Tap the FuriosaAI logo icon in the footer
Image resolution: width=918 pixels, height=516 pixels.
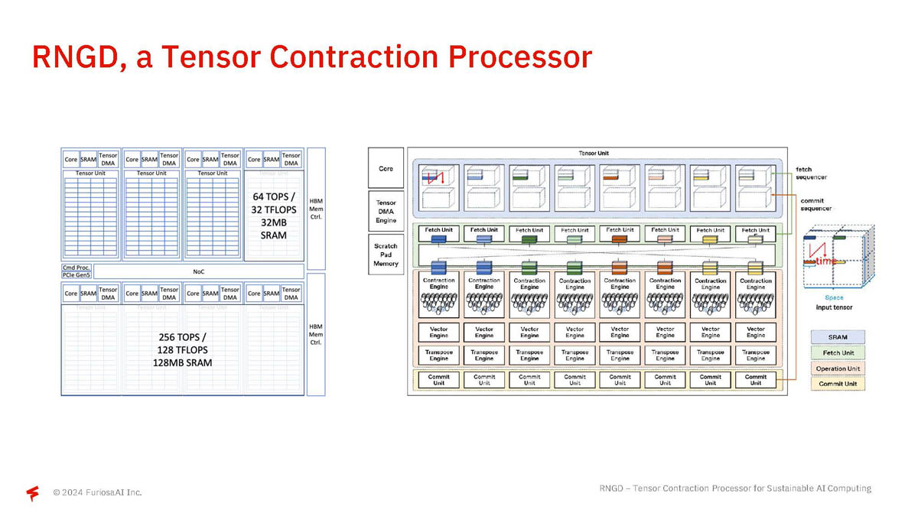[33, 493]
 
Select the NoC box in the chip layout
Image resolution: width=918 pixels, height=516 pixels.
[198, 271]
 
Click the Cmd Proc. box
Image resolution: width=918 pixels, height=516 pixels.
[76, 268]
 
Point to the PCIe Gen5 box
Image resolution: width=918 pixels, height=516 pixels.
[76, 275]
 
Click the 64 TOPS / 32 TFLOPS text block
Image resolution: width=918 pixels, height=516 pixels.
[273, 216]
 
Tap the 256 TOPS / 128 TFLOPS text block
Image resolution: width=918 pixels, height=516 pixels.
[182, 349]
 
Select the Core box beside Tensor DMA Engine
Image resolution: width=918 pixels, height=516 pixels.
[386, 168]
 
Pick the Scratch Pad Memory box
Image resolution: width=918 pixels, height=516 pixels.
[386, 255]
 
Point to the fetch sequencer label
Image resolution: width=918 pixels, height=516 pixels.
[813, 174]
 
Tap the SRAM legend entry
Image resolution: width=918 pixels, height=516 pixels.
[838, 337]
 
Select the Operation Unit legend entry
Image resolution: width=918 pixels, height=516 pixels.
[838, 368]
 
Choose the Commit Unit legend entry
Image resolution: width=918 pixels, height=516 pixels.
[838, 384]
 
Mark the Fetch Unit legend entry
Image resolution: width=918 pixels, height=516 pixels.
[838, 353]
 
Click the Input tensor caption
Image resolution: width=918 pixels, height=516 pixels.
[834, 307]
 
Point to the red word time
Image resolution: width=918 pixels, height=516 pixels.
[825, 261]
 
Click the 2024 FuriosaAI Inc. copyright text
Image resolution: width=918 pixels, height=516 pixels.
[97, 492]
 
